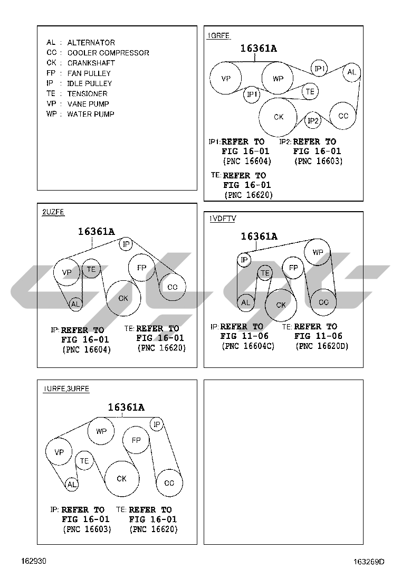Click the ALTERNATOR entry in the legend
point(80,43)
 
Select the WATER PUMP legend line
point(80,114)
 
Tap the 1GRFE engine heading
point(218,36)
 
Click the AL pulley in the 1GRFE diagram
point(351,72)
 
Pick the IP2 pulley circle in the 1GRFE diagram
point(313,120)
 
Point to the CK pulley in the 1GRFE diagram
point(278,117)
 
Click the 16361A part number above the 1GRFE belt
point(259,48)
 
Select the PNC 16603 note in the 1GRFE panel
point(318,162)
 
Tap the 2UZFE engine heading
point(53,212)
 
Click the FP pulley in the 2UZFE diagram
point(141,268)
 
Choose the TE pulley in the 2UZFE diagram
point(91,269)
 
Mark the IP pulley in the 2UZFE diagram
point(126,244)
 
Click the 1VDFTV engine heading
point(223,219)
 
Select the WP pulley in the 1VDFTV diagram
point(318,252)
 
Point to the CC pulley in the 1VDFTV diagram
point(323,302)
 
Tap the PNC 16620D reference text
point(322,346)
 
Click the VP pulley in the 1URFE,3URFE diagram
point(59,452)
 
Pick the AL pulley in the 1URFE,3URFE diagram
point(71,485)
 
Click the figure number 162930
point(34,561)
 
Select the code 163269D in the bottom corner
point(369,562)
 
